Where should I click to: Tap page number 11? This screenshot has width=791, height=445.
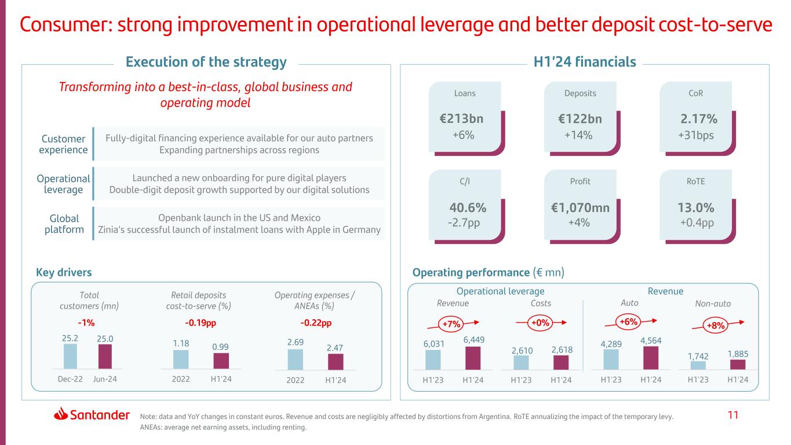click(x=734, y=415)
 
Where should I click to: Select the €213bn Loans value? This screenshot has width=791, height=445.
click(x=461, y=119)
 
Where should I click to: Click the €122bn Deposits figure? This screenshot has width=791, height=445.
click(x=580, y=119)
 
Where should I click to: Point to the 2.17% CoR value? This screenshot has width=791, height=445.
click(x=698, y=119)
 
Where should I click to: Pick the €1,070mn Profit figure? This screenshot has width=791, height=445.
click(x=580, y=208)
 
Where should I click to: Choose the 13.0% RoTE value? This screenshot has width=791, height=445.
click(x=697, y=208)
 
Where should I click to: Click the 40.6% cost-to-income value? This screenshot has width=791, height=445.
click(x=468, y=208)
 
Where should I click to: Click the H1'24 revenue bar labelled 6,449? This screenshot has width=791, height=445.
click(x=473, y=358)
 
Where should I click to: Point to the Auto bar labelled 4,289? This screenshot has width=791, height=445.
click(x=611, y=359)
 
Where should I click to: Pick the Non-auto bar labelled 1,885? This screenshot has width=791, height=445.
click(x=737, y=364)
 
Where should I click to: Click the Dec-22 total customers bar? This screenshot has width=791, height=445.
click(x=70, y=356)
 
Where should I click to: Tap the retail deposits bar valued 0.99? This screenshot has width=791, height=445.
click(x=221, y=361)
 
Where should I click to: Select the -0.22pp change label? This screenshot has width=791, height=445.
click(x=316, y=323)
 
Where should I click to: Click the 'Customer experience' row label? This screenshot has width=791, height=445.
click(x=63, y=144)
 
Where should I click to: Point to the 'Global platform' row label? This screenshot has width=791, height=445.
click(x=63, y=224)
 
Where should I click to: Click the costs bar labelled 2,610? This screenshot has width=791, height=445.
click(x=521, y=362)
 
